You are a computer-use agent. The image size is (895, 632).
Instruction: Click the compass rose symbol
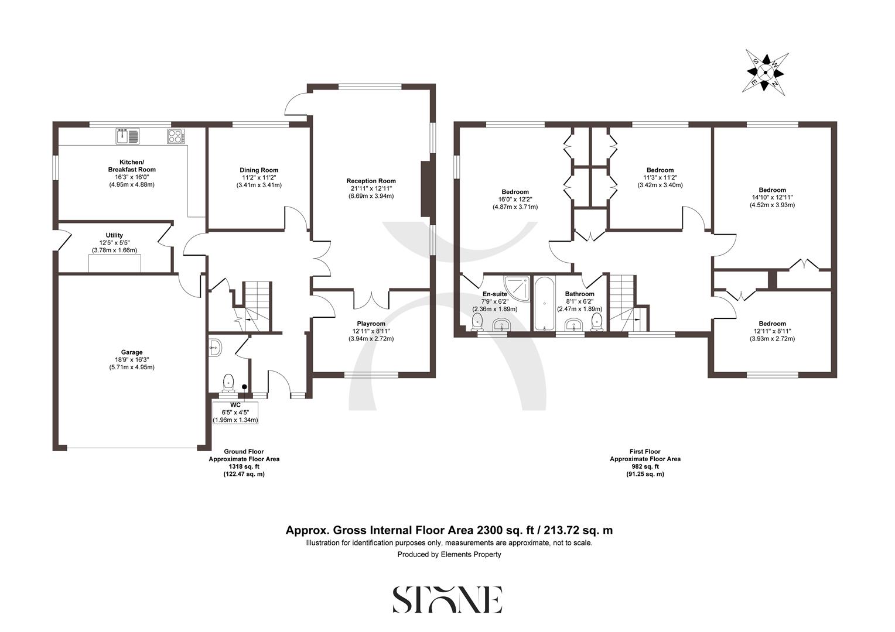point(764,71)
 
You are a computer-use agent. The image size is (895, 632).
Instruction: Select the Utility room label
point(114,235)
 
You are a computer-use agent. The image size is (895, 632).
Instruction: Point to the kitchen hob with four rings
point(176,136)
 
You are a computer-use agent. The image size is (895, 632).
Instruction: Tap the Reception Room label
point(371,181)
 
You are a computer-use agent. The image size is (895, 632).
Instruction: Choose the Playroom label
point(371,324)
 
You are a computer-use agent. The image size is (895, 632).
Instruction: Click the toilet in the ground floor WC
point(228,382)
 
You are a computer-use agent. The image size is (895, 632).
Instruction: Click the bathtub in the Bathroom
point(544,303)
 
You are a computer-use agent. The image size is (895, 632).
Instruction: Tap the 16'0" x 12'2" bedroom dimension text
point(515,199)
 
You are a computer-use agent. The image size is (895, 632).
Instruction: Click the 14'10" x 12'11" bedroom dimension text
point(772,197)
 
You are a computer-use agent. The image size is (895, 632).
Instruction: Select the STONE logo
point(447,599)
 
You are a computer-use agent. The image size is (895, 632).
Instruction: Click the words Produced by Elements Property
point(449,554)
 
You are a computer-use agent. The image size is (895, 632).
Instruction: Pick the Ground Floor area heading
point(244,452)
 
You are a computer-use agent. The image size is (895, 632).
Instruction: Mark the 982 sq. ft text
point(645,466)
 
